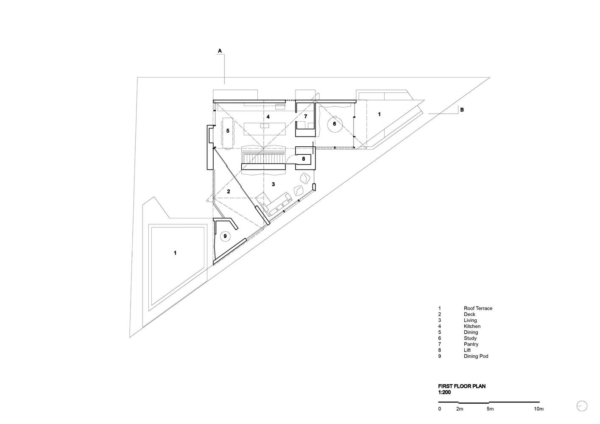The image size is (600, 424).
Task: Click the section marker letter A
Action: tap(220, 51)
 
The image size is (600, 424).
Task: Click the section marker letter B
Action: tap(462, 110)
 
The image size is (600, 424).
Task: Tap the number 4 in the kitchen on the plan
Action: tap(268, 117)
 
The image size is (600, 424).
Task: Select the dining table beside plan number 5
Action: tap(228, 133)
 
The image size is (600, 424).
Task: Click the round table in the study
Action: tap(335, 124)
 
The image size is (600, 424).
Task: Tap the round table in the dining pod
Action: tap(225, 236)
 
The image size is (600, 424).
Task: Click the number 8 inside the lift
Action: tap(303, 159)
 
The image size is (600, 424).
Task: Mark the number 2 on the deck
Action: tap(229, 192)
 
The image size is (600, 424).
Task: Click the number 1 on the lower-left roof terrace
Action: tap(175, 253)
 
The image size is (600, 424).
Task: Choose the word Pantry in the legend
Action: tap(471, 344)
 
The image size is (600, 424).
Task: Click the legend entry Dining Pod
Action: tap(476, 356)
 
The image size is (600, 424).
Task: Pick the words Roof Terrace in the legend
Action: tap(478, 308)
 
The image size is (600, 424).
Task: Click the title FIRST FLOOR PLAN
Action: tap(462, 386)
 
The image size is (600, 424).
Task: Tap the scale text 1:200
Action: tap(444, 392)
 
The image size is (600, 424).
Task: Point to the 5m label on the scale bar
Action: tap(490, 409)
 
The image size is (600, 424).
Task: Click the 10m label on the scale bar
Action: tap(539, 409)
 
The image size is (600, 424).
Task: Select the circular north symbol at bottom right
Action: tap(582, 406)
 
